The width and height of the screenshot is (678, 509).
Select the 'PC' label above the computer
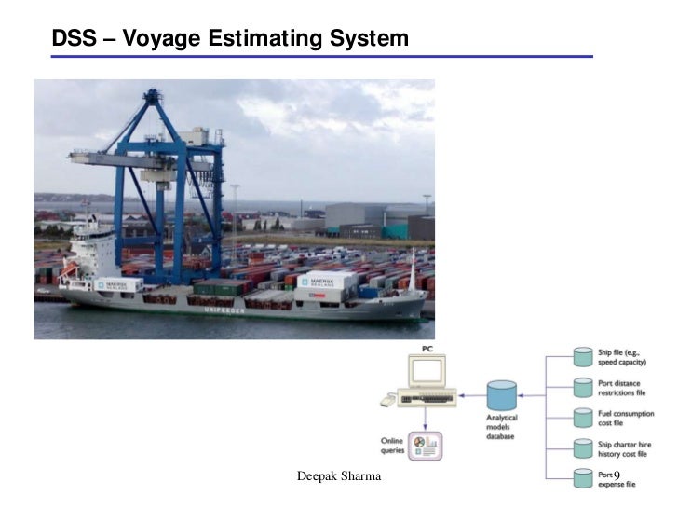(x=427, y=349)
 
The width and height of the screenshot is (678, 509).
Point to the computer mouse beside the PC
(x=387, y=402)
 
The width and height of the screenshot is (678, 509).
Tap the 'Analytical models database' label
(x=502, y=428)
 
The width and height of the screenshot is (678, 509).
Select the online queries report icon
(x=428, y=445)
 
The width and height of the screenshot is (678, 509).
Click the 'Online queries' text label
(x=392, y=446)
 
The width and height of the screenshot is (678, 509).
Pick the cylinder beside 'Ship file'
(x=583, y=357)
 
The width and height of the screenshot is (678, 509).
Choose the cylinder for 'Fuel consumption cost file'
(x=583, y=418)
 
